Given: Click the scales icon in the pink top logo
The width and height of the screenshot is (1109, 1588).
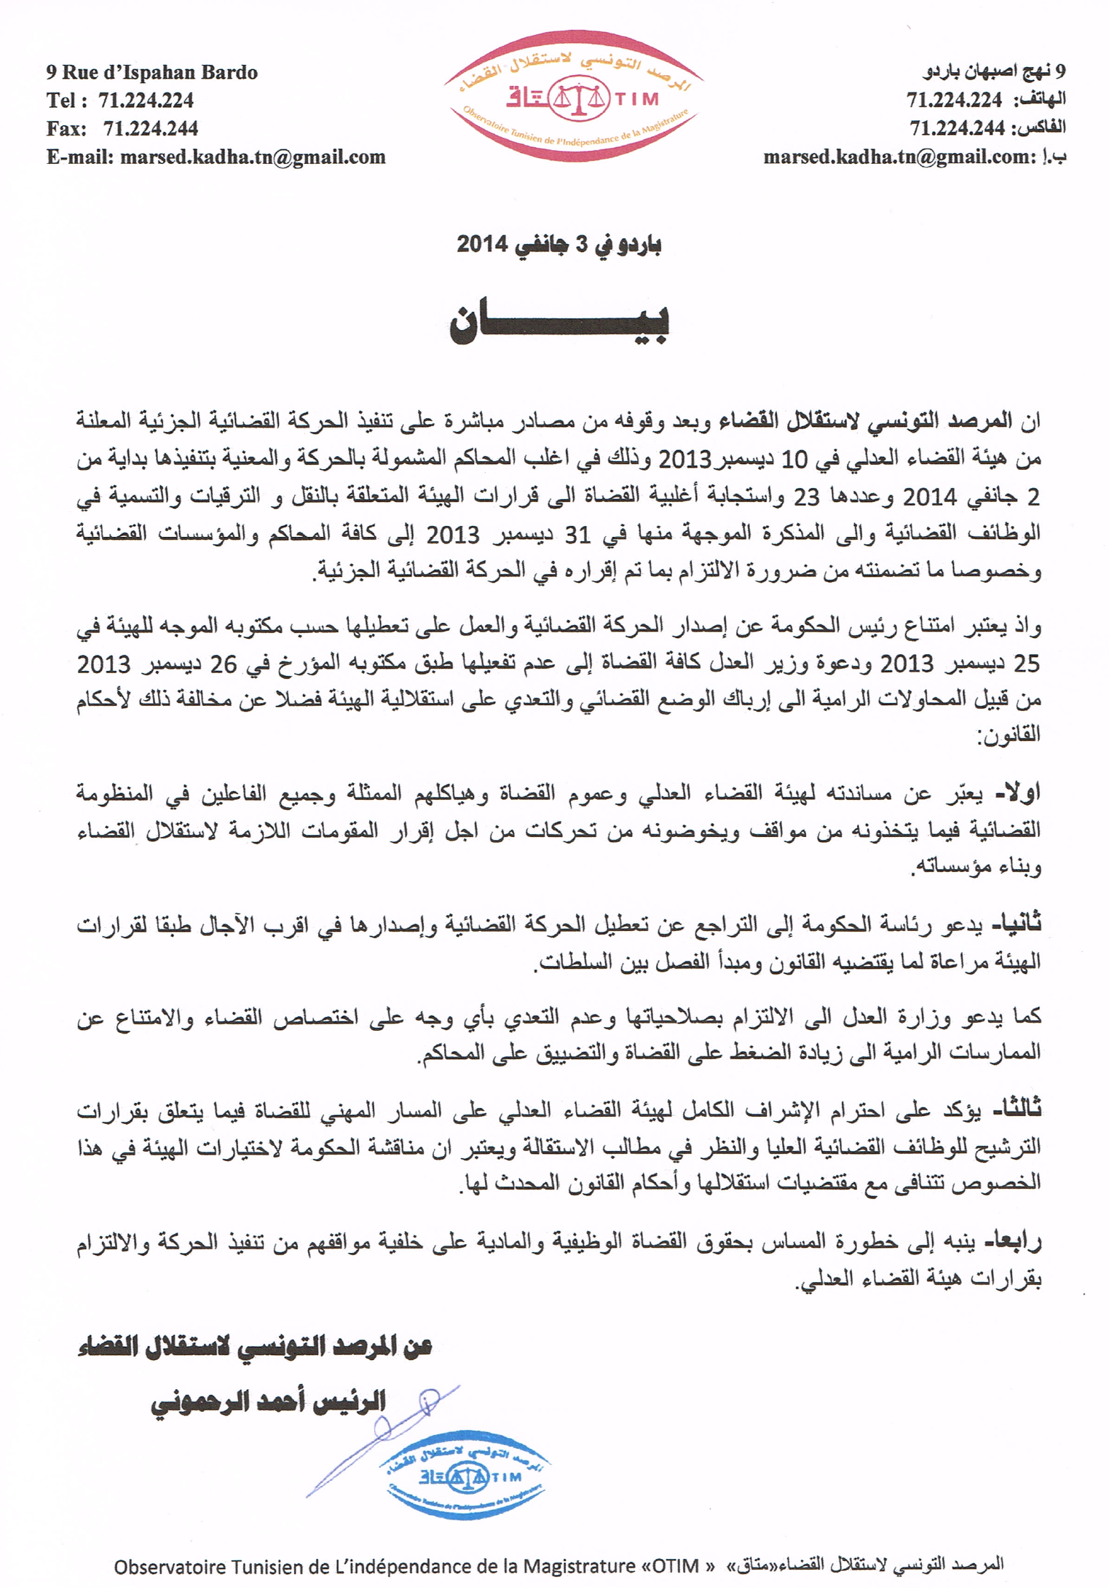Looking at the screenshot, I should tap(579, 98).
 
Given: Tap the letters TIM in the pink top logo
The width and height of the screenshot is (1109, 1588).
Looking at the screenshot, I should tap(638, 98).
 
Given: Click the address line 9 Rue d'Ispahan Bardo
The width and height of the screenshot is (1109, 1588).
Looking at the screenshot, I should tap(151, 72).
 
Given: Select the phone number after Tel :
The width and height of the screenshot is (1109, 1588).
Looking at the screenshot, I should tap(146, 100).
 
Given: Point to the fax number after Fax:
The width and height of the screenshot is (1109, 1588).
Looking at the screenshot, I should tap(150, 129).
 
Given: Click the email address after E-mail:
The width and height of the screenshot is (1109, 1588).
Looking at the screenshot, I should tap(252, 157).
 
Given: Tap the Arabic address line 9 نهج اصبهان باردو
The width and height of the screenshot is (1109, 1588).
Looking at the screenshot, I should tap(994, 71).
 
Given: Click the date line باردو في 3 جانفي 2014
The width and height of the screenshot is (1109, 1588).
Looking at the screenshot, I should tap(559, 244).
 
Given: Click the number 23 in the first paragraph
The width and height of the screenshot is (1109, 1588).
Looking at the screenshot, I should tap(806, 497).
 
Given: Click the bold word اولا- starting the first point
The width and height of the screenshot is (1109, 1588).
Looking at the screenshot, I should tap(1017, 793).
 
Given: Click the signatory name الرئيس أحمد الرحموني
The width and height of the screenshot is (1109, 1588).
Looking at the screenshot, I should tap(268, 1402).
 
